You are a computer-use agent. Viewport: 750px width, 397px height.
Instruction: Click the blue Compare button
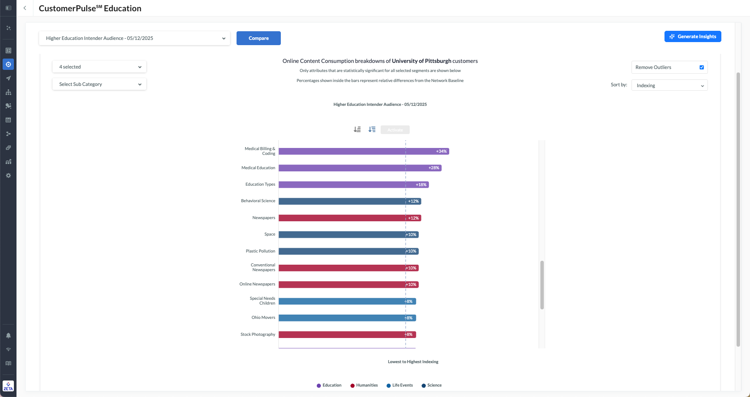(x=258, y=38)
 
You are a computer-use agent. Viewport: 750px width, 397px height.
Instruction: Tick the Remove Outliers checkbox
(x=701, y=67)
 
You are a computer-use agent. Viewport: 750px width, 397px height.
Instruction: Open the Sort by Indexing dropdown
(x=669, y=85)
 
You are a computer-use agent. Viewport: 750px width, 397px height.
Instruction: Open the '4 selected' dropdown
(x=99, y=67)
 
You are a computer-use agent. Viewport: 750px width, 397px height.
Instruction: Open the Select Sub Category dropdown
(x=99, y=84)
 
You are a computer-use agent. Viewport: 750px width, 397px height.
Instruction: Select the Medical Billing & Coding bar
(x=356, y=151)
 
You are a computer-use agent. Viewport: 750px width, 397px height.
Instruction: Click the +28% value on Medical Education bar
(x=434, y=168)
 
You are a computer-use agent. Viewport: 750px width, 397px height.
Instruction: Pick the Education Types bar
(x=347, y=184)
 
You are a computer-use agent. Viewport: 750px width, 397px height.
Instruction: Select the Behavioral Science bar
(x=343, y=201)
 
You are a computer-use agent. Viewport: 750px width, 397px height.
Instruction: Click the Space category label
(x=270, y=234)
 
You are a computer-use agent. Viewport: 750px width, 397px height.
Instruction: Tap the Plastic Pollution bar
(x=343, y=251)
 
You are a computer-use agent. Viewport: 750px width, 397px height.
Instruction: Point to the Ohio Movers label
(x=263, y=318)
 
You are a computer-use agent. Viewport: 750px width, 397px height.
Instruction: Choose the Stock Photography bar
(x=343, y=335)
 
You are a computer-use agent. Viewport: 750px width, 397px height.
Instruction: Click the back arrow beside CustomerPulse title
(x=25, y=8)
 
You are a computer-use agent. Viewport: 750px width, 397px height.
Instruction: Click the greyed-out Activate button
(x=395, y=130)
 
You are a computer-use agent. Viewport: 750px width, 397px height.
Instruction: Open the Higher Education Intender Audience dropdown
(x=135, y=38)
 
